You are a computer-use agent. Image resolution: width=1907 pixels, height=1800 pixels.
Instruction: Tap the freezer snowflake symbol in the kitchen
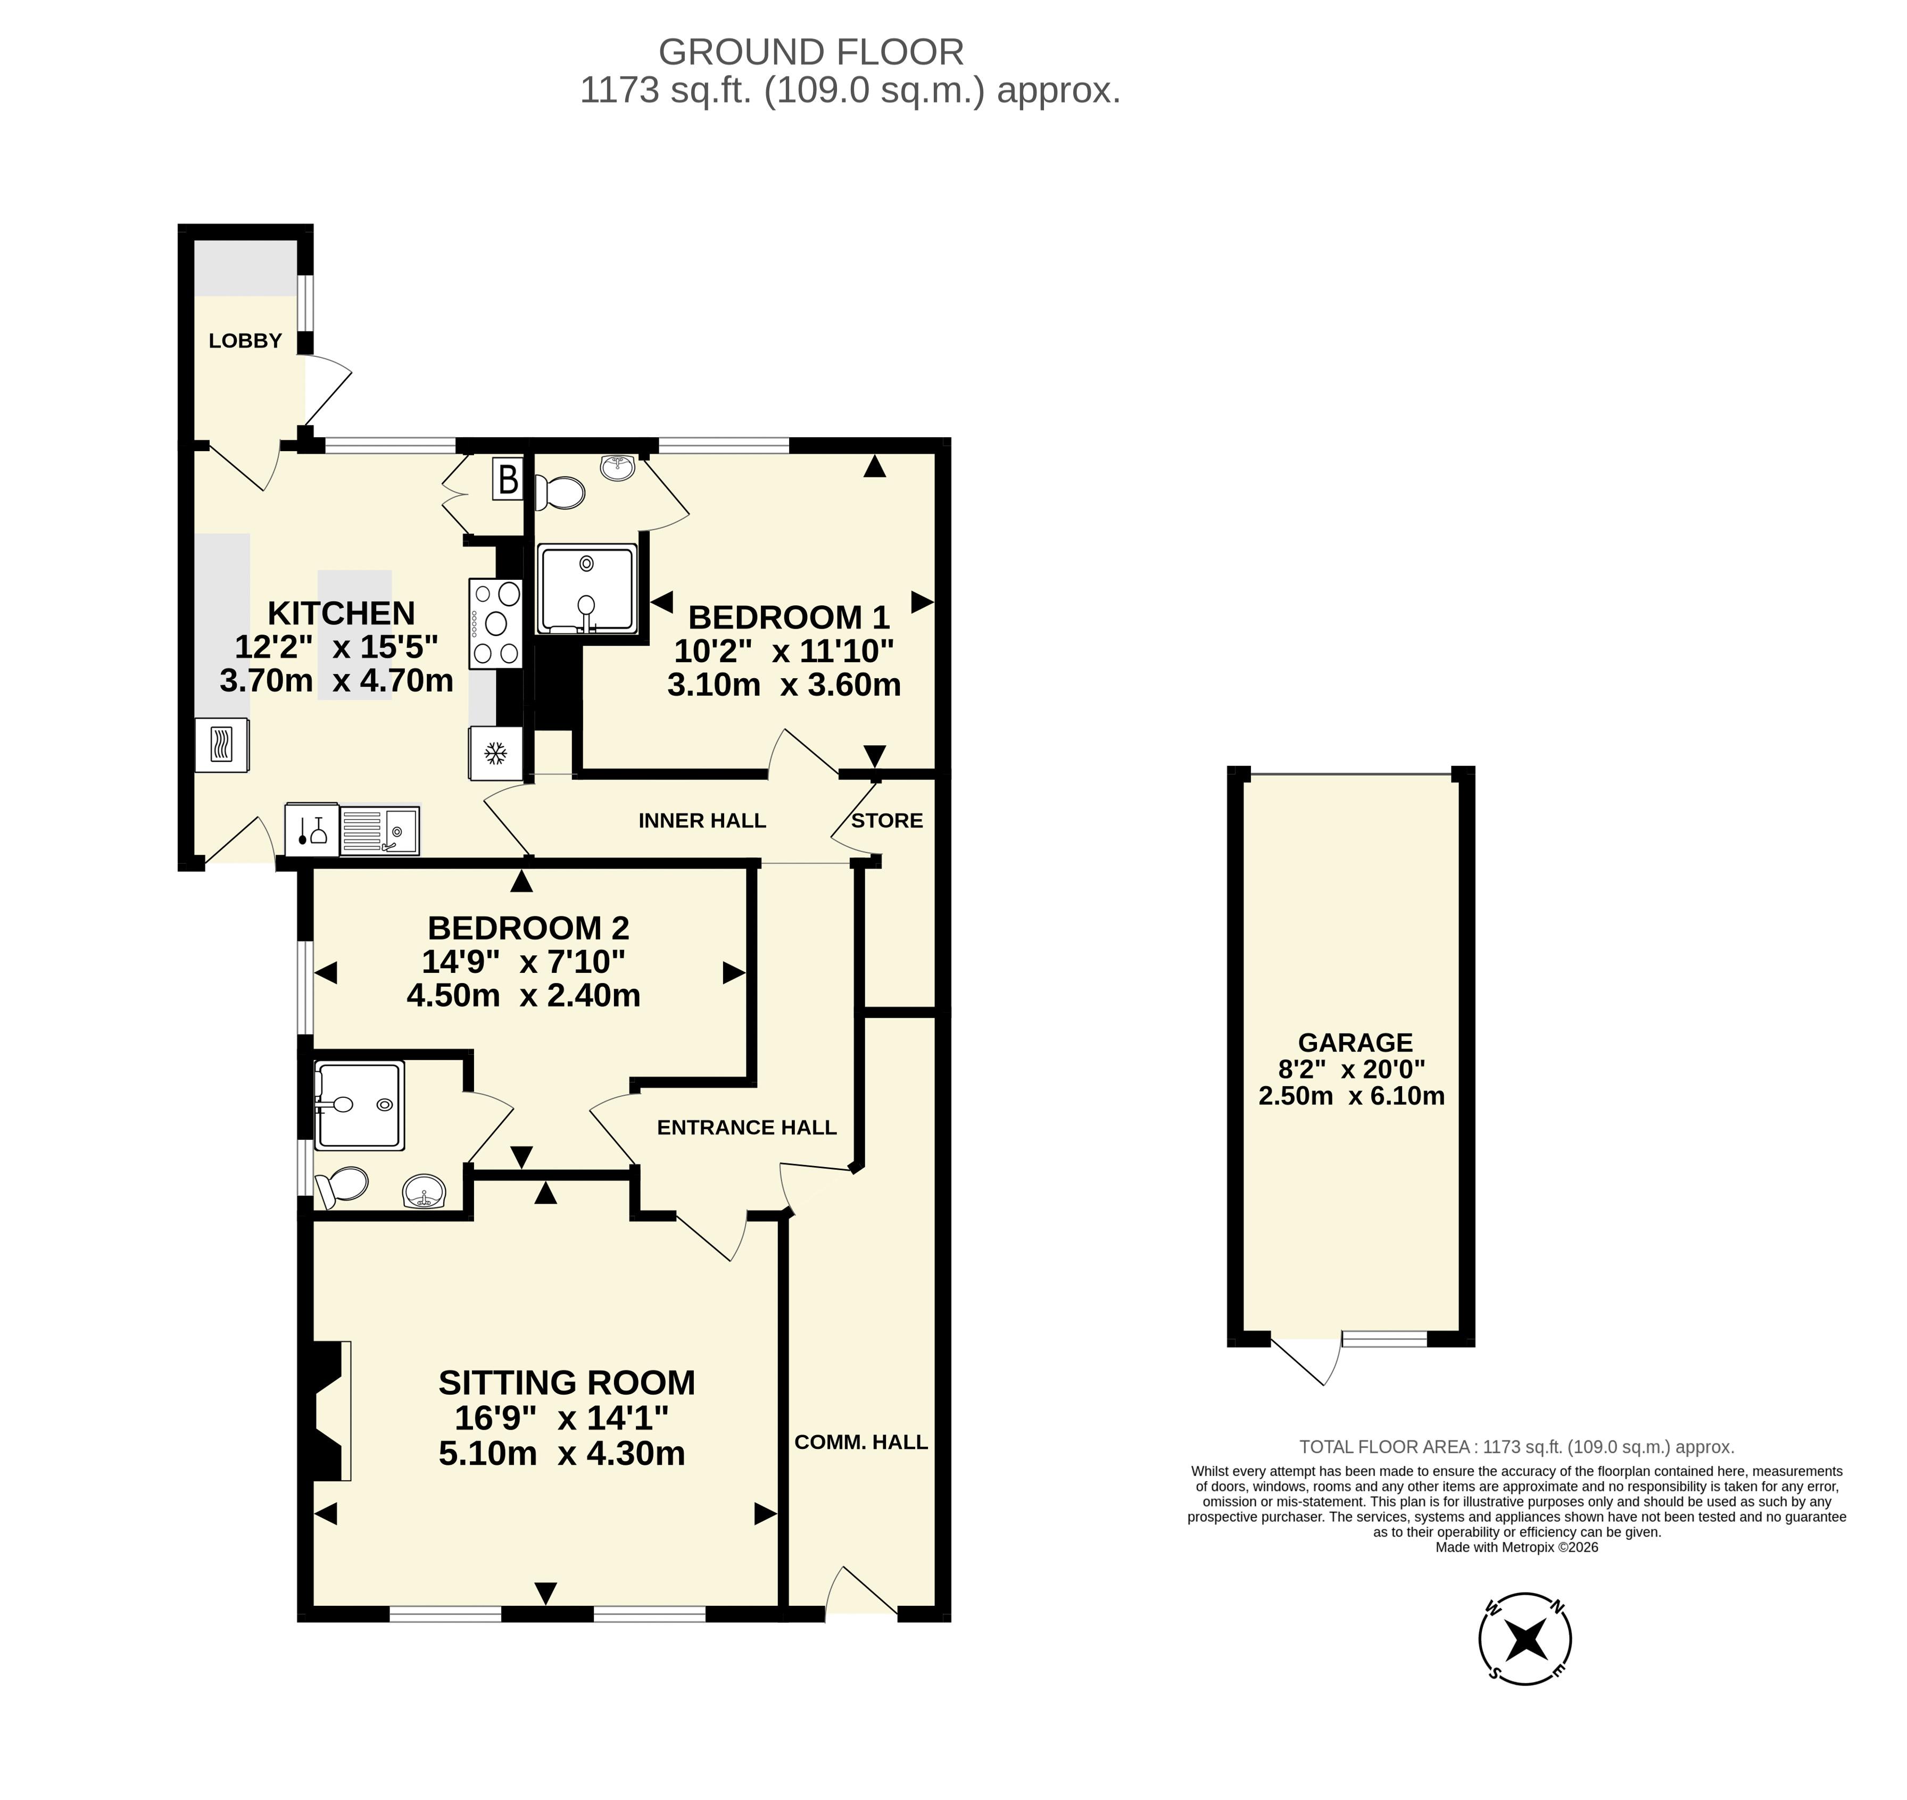(495, 753)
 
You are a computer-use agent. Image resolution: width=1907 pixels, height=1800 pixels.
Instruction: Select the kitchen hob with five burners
(495, 623)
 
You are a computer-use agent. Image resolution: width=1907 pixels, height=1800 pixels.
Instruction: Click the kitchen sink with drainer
(379, 830)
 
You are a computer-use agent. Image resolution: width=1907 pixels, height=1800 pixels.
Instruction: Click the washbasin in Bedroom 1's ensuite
(619, 467)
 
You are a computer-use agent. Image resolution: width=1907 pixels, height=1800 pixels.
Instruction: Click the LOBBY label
(246, 340)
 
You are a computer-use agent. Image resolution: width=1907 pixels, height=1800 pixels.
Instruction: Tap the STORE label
(887, 820)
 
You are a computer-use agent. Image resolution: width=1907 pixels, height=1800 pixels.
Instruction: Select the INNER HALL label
(702, 820)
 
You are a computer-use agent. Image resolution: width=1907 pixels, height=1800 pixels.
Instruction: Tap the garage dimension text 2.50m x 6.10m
(1352, 1096)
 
